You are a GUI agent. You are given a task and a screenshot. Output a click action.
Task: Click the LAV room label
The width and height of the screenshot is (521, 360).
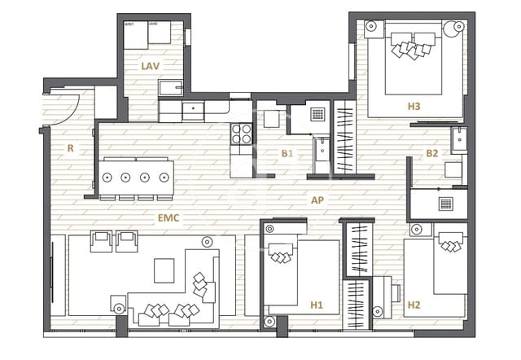149,65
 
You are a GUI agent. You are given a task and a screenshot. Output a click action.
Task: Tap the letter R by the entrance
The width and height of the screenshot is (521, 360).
71,148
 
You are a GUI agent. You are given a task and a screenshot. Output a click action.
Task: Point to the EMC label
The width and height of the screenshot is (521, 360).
168,217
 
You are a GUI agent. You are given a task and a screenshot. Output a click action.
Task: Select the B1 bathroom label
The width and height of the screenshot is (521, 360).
287,153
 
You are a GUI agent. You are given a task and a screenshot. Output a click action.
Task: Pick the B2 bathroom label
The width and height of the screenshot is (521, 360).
431,152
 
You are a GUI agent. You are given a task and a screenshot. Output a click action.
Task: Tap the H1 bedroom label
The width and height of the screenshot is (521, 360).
317,305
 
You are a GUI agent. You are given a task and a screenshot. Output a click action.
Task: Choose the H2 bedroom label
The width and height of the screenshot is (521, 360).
414,305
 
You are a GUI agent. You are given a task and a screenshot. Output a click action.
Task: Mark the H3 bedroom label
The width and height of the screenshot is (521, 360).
414,105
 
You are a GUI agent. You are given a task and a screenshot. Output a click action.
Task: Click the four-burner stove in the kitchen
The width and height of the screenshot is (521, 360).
242,134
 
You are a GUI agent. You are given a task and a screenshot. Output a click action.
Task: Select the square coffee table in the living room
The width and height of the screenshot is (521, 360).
164,270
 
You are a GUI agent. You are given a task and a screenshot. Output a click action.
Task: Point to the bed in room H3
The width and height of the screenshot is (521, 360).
411,65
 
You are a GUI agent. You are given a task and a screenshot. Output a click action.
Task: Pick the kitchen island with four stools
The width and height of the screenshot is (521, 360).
136,177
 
